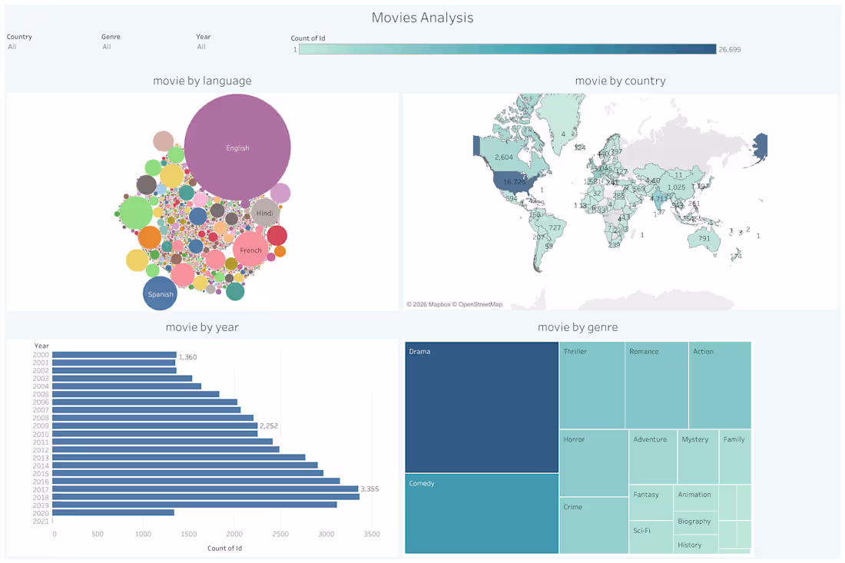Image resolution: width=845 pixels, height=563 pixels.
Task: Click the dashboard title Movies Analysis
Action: pyautogui.click(x=422, y=17)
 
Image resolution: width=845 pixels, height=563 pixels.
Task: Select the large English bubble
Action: pyautogui.click(x=237, y=147)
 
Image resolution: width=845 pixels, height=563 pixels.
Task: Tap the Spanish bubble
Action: pyautogui.click(x=161, y=294)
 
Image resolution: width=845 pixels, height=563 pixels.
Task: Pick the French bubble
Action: pyautogui.click(x=250, y=250)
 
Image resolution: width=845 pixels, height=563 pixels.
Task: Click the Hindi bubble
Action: pyautogui.click(x=265, y=213)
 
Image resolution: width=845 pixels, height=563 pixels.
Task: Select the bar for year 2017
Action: pyautogui.click(x=205, y=488)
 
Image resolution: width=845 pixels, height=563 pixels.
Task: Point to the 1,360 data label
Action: pyautogui.click(x=188, y=357)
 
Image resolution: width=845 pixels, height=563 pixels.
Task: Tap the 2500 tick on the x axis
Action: pyautogui.click(x=280, y=533)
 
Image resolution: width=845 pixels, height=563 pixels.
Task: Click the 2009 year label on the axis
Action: pyautogui.click(x=41, y=426)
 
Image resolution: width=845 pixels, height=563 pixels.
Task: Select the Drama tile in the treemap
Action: pyautogui.click(x=482, y=407)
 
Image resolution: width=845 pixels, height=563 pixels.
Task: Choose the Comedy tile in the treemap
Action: pyautogui.click(x=482, y=513)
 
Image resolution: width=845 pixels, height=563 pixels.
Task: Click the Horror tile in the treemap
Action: pyautogui.click(x=594, y=462)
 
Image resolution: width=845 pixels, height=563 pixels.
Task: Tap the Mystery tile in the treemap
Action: pyautogui.click(x=698, y=457)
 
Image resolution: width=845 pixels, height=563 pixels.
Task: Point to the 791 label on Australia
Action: pyautogui.click(x=704, y=238)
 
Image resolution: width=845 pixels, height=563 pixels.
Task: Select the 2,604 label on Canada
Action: pyautogui.click(x=504, y=157)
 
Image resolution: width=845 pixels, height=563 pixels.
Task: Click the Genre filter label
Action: pyautogui.click(x=111, y=36)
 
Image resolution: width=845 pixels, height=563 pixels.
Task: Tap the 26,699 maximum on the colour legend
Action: pyautogui.click(x=729, y=49)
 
